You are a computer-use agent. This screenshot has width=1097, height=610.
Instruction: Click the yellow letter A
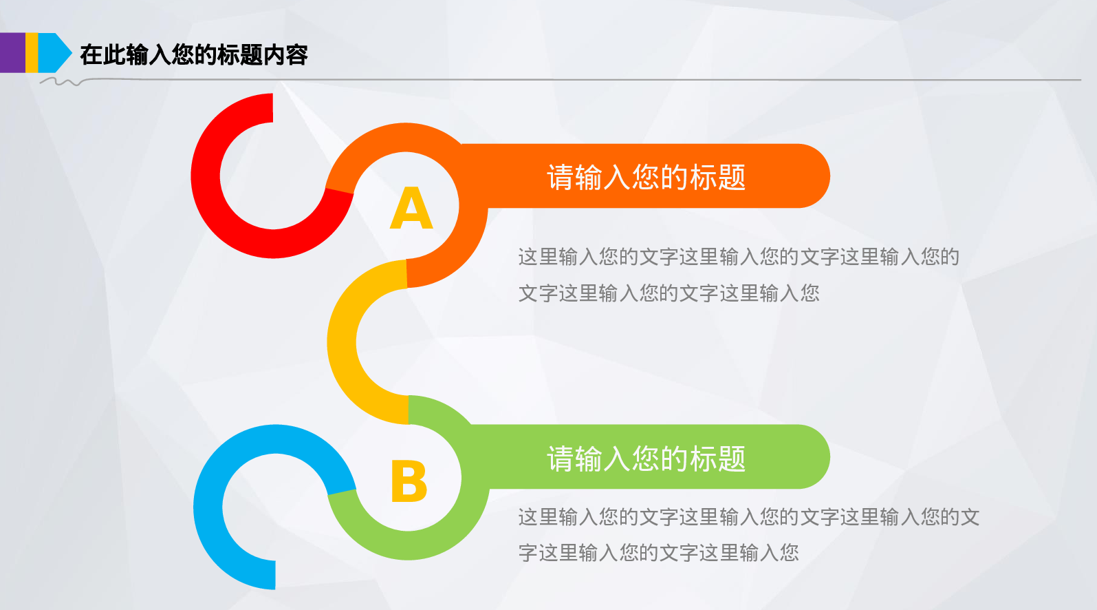[411, 208]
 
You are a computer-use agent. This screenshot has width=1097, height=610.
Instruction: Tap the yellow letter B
[409, 481]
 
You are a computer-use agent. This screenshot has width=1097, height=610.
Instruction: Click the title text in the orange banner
[646, 177]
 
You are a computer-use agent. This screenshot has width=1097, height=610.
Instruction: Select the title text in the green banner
[646, 459]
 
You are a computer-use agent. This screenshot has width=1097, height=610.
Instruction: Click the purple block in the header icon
[12, 53]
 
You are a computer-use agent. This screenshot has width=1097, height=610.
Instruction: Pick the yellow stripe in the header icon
[32, 53]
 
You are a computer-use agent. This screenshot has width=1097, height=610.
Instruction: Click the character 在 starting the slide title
[91, 55]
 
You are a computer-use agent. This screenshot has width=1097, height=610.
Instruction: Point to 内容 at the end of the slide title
[285, 55]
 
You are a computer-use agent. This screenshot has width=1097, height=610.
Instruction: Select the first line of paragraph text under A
[738, 257]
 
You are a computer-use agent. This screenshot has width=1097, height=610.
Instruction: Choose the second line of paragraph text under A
[669, 293]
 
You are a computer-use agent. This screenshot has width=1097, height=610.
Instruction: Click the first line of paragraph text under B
[748, 517]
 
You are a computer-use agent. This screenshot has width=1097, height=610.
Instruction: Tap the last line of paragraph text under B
[658, 553]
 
